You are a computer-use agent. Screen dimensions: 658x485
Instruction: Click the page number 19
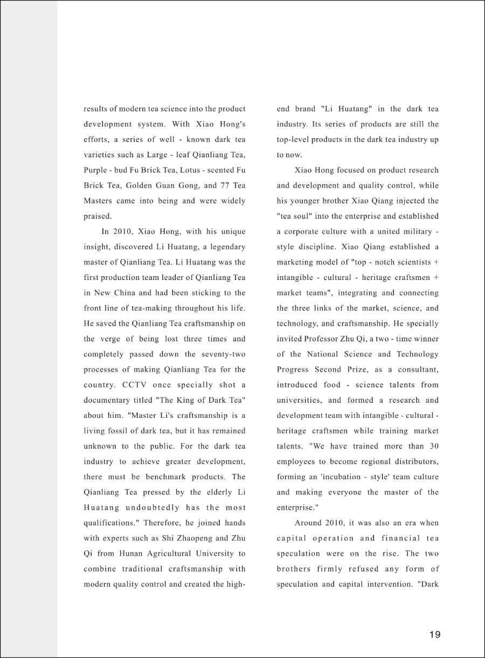coord(435,634)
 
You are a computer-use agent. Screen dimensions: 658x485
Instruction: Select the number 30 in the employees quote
coord(433,446)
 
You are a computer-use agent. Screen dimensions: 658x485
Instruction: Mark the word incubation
coord(339,477)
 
